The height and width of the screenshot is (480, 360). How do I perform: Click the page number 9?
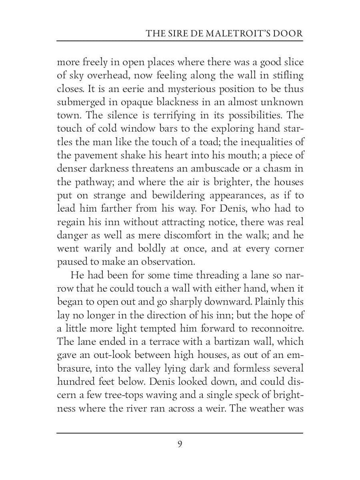(x=180, y=444)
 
